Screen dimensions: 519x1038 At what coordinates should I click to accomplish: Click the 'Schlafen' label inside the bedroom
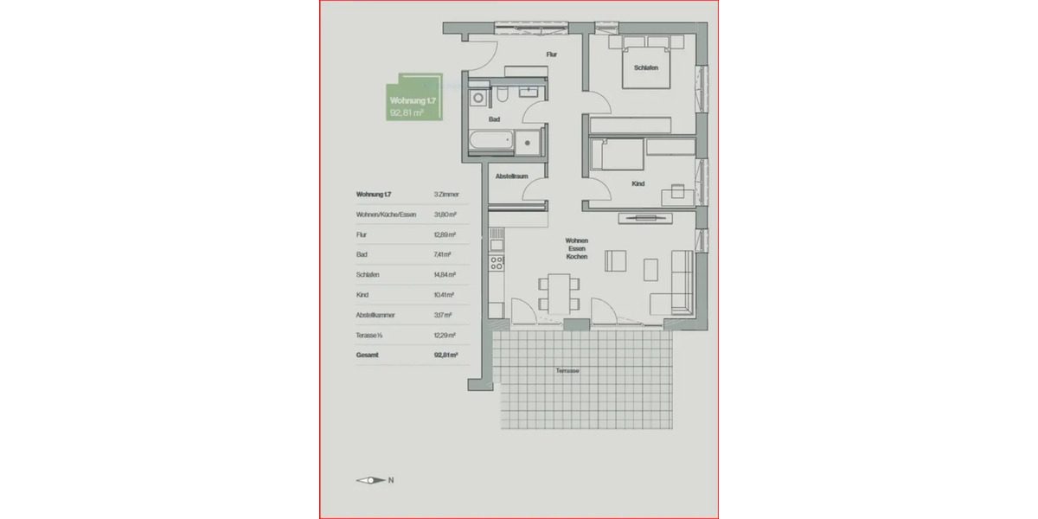click(647, 68)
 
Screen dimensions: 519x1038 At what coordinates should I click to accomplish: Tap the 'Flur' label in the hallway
click(551, 54)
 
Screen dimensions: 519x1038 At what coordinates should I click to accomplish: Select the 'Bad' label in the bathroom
click(494, 119)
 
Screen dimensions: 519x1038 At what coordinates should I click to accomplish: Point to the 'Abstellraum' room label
click(511, 176)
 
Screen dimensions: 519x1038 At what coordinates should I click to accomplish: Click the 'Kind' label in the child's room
click(638, 183)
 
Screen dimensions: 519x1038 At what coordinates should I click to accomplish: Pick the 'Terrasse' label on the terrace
click(567, 370)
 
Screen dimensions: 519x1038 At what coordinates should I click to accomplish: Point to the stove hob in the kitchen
click(497, 260)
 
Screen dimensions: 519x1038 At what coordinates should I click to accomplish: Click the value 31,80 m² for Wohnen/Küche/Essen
click(445, 215)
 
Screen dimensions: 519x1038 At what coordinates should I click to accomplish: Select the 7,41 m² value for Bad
click(445, 255)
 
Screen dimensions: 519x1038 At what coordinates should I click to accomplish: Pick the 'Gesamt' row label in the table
click(368, 355)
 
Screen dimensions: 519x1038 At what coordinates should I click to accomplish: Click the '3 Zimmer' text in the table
click(446, 195)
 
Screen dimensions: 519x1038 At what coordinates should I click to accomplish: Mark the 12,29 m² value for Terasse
click(445, 335)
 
